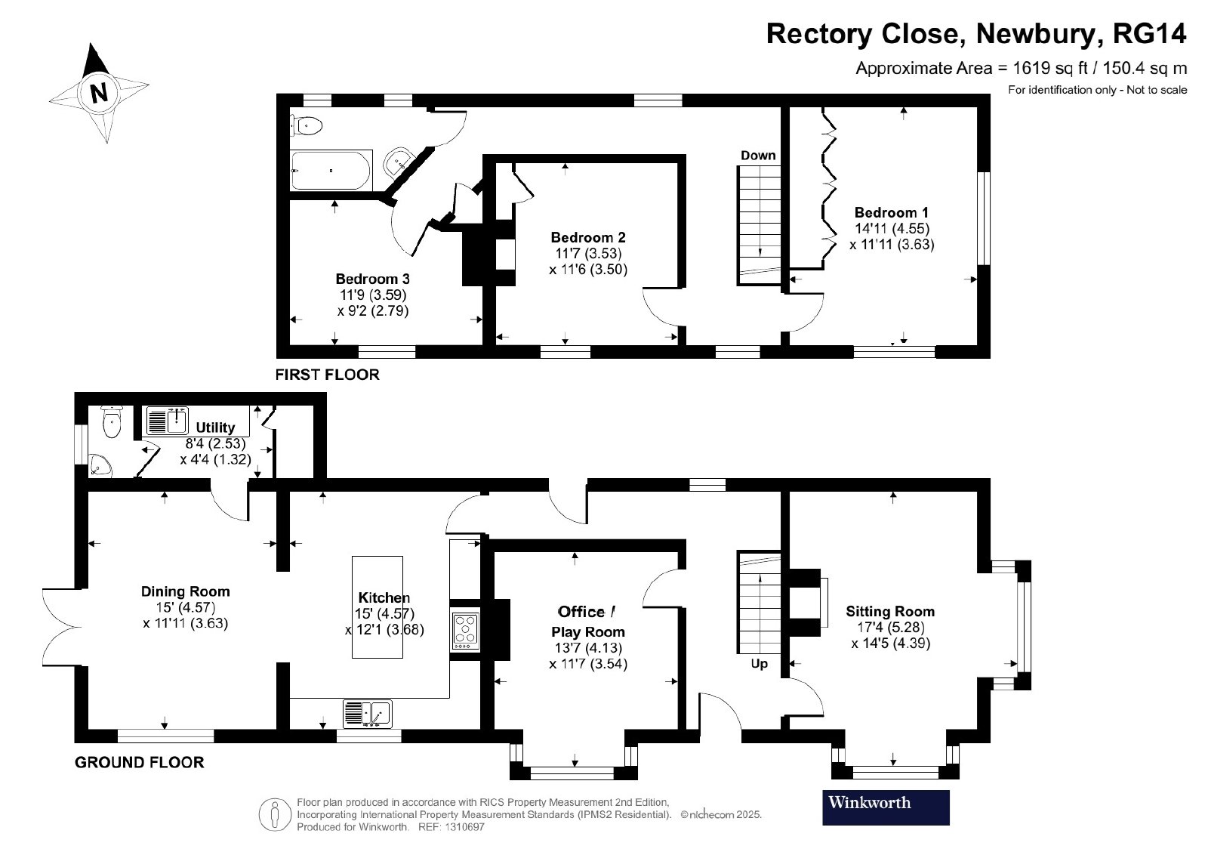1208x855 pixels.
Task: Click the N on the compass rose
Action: click(x=99, y=93)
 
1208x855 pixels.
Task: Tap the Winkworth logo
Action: click(x=886, y=807)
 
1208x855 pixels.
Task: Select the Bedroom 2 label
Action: click(x=588, y=237)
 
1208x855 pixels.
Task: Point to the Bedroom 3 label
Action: click(x=373, y=279)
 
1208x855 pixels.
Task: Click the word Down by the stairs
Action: click(x=758, y=156)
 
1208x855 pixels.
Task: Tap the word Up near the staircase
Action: click(x=760, y=663)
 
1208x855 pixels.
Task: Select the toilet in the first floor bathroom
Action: click(x=307, y=127)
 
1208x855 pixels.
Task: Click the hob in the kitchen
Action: click(x=465, y=631)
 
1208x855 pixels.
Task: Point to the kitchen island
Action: click(x=377, y=607)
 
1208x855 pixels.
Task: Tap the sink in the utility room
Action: click(x=168, y=421)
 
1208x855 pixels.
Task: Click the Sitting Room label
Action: click(x=890, y=611)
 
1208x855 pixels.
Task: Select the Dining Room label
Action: click(x=186, y=591)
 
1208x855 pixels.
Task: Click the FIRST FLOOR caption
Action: click(x=328, y=375)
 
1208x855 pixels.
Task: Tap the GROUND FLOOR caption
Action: click(x=139, y=762)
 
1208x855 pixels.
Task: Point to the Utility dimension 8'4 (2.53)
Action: click(x=216, y=443)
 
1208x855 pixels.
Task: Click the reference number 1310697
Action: click(x=464, y=827)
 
